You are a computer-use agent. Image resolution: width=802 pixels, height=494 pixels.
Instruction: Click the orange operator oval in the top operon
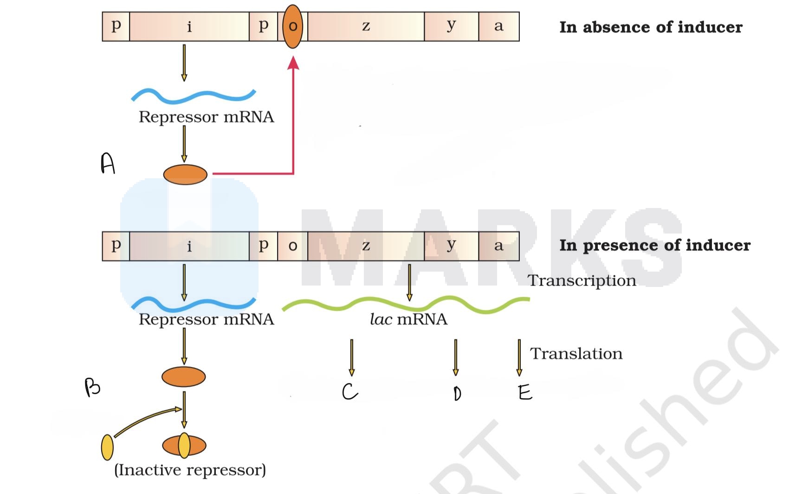coord(292,26)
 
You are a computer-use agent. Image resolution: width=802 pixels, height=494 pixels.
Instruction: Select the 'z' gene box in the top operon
coord(366,26)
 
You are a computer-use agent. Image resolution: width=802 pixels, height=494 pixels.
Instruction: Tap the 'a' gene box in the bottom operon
coord(498,246)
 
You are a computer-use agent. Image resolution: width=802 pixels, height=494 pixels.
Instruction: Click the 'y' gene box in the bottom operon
coord(451,246)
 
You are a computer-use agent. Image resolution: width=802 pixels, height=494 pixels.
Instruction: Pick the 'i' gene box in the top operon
coord(189,26)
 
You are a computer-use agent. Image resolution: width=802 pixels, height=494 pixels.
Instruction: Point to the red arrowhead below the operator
coord(293,63)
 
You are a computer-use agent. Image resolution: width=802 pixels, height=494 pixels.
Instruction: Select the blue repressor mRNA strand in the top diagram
coord(193,96)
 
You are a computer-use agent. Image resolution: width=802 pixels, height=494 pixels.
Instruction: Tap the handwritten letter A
coord(108,164)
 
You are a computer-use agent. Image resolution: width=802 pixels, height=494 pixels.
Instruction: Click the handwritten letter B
coord(92,387)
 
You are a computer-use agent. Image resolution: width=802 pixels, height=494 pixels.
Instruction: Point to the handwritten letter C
coord(349,392)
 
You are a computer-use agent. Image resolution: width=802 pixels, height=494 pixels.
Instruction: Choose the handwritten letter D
coord(457,393)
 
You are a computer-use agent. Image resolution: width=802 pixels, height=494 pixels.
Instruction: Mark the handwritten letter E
coord(525,393)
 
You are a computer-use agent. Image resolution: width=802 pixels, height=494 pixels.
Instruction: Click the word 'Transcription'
coord(582,280)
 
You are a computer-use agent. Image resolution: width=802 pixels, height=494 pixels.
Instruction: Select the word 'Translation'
coord(576,354)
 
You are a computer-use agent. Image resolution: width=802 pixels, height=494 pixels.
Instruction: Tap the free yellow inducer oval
coord(107,447)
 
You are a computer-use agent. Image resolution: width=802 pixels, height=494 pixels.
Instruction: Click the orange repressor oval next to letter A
coord(185,175)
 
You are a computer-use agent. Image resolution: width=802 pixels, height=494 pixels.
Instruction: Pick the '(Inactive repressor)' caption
coord(190,470)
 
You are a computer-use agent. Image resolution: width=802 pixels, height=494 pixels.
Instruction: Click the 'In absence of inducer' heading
coord(651,27)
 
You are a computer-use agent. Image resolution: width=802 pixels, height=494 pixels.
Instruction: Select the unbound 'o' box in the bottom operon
coord(292,246)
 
